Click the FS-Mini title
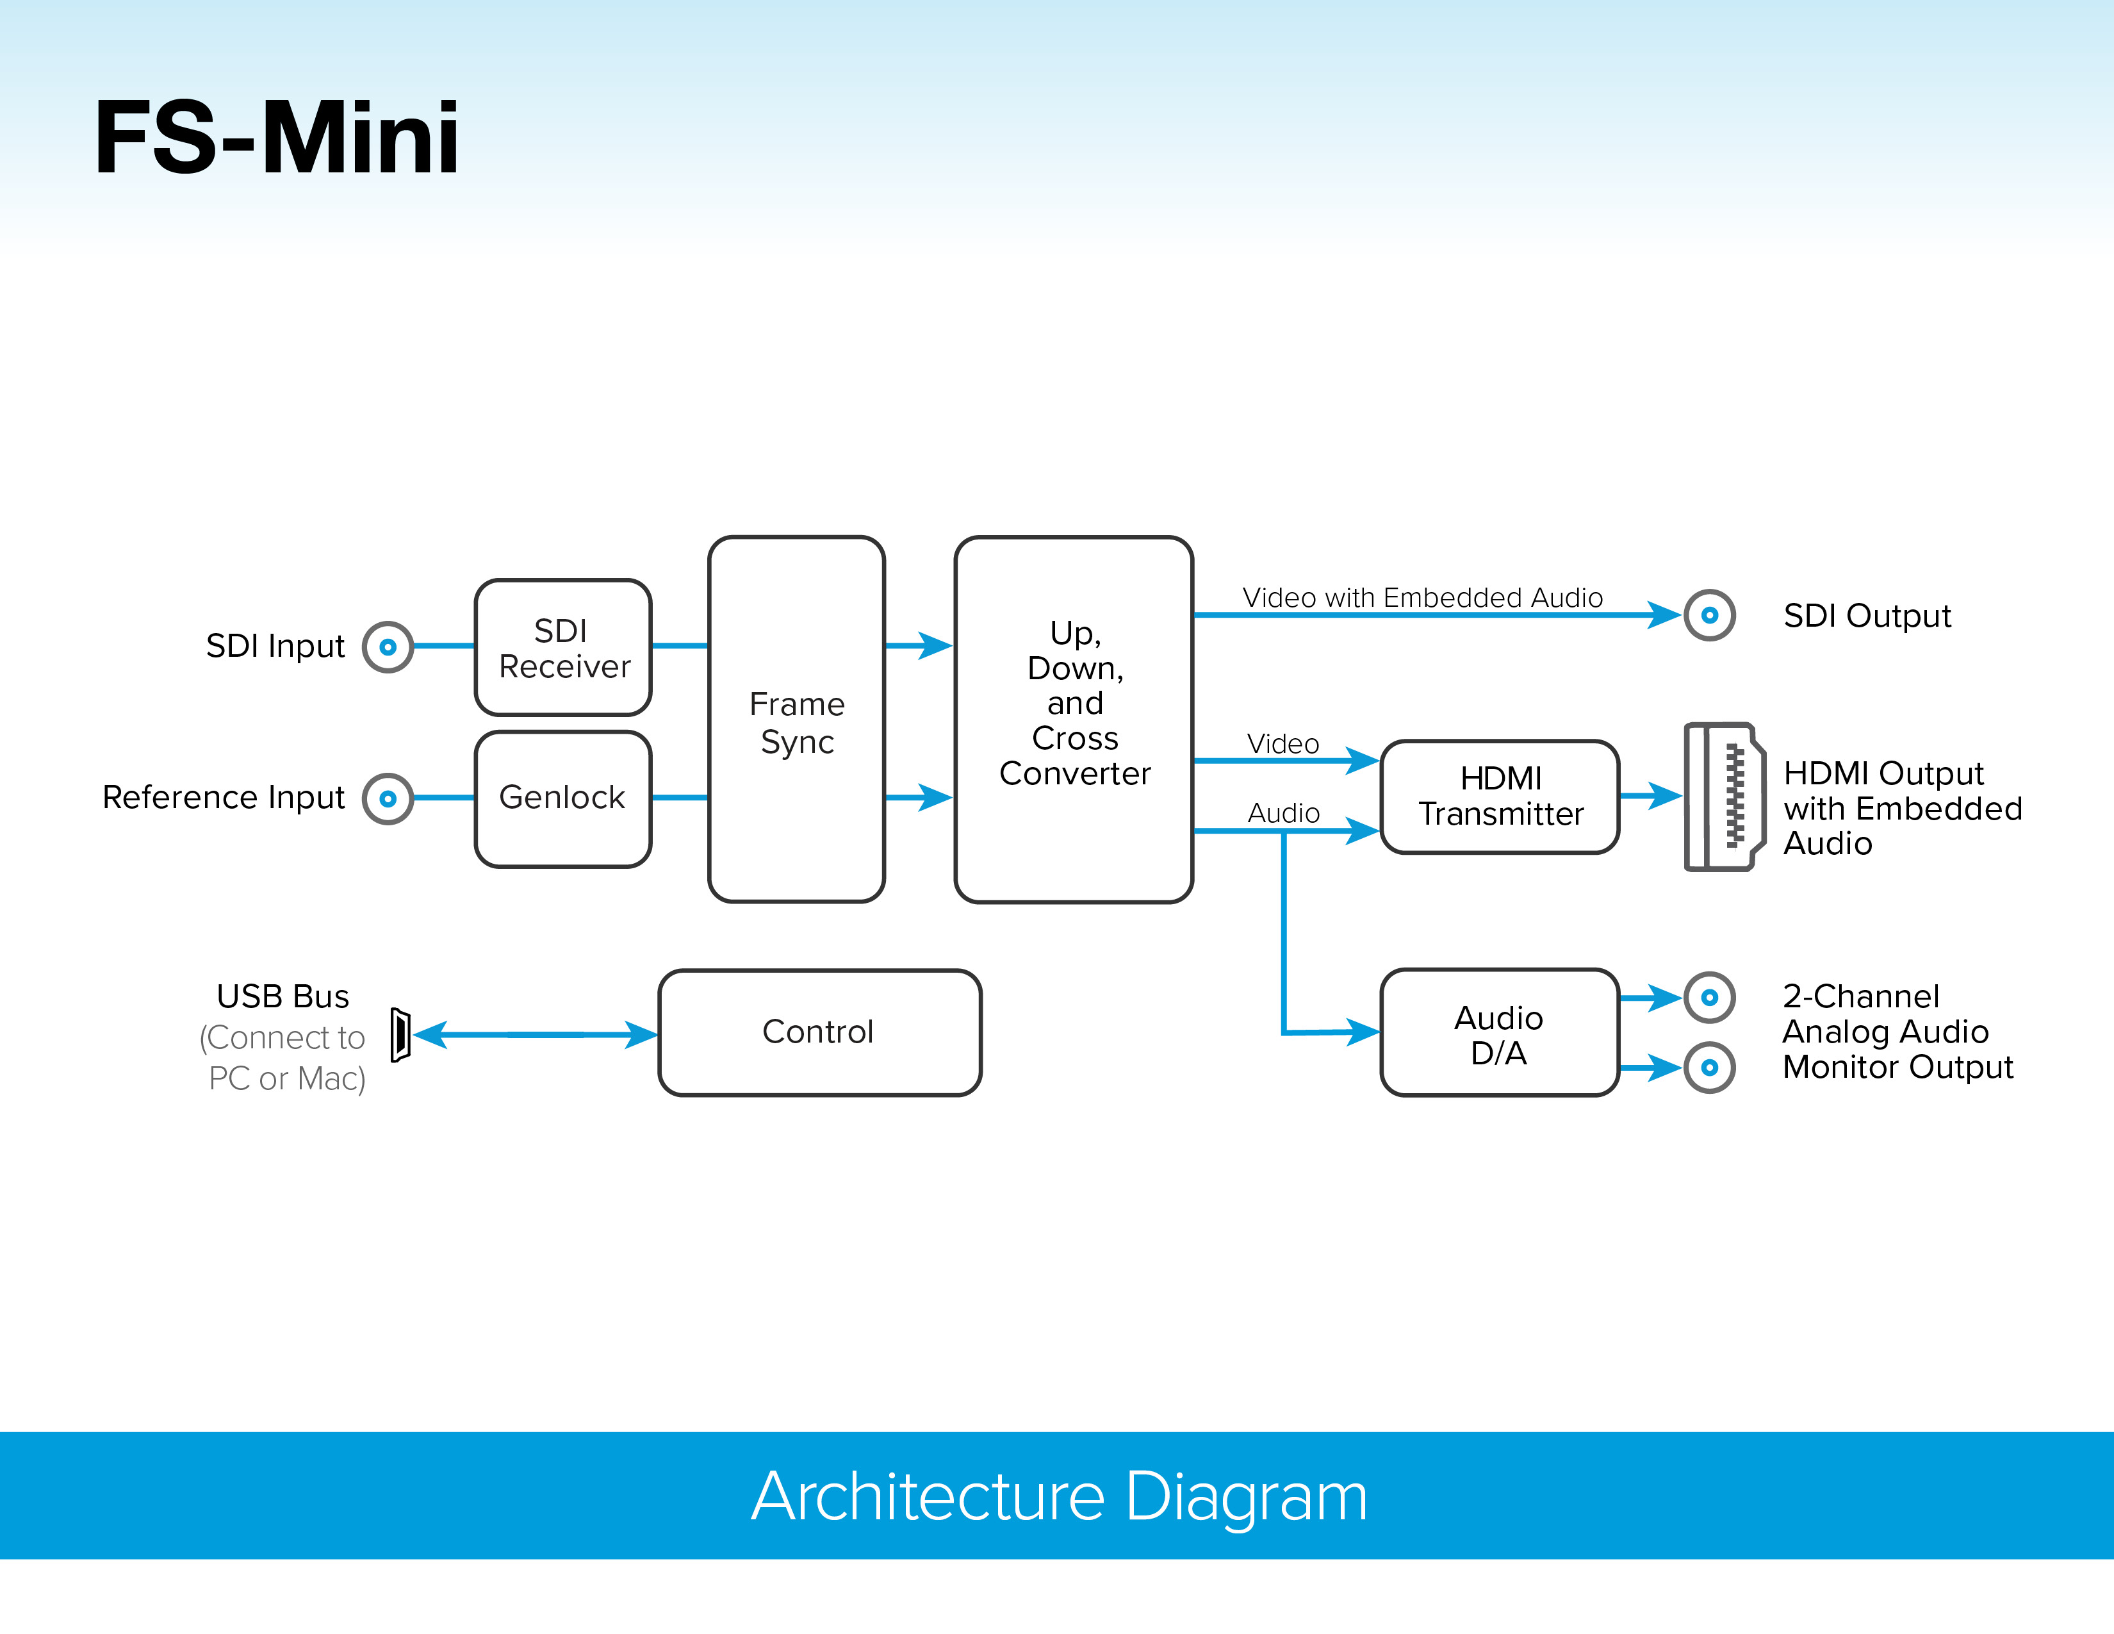(277, 138)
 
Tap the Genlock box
(563, 798)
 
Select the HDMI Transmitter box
(1500, 796)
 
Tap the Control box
(819, 1032)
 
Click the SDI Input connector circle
(388, 647)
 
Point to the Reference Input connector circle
(388, 798)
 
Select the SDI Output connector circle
(1709, 615)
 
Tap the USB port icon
(401, 1035)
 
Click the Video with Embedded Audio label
(1422, 597)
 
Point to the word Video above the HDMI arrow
(1282, 743)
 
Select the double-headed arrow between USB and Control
(536, 1035)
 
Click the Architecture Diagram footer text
(1059, 1496)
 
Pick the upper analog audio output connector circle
(1709, 997)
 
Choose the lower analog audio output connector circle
(1709, 1068)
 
